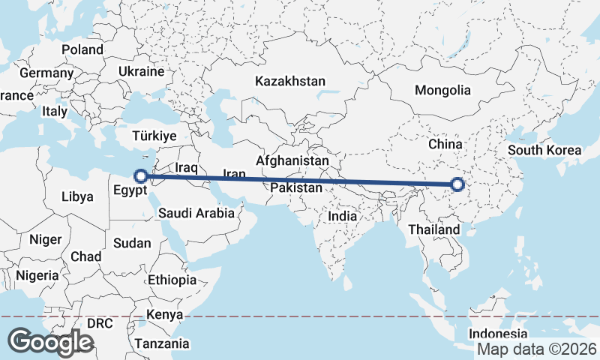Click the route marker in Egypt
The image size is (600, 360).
click(140, 176)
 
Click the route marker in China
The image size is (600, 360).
click(458, 184)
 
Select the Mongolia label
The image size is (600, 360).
click(442, 90)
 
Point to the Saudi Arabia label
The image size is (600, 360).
click(196, 214)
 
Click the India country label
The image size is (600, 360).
click(342, 216)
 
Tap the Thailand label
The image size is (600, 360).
click(434, 229)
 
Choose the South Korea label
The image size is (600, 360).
click(544, 150)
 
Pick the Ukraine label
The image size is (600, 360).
click(141, 72)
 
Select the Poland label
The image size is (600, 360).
click(82, 49)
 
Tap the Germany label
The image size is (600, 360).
click(46, 73)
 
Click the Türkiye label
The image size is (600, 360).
click(154, 136)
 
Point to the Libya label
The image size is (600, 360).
click(78, 197)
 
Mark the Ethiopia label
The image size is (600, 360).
click(172, 280)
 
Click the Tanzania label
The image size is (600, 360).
click(162, 344)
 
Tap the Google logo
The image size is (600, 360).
click(50, 341)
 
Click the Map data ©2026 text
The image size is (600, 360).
click(536, 349)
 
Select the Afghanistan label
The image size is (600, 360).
click(292, 160)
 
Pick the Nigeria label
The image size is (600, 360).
click(37, 275)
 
